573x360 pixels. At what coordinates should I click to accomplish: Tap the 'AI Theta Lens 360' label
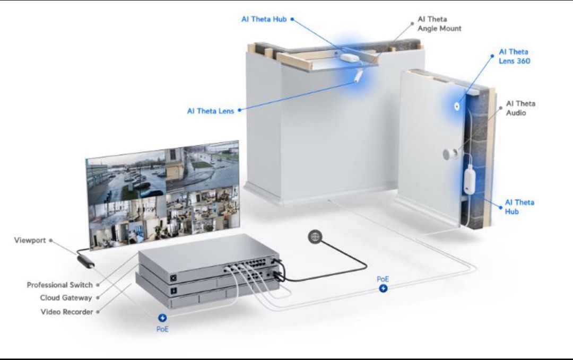[x=514, y=56]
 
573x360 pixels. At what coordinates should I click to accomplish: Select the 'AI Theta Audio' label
[x=520, y=108]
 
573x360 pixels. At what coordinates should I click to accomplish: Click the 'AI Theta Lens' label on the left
[x=210, y=111]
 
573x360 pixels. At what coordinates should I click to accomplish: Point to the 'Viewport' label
[x=30, y=241]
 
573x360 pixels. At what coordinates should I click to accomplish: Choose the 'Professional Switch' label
[x=59, y=285]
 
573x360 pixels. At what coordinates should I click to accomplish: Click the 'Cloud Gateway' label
[x=66, y=298]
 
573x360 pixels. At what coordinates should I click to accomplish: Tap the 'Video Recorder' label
[x=66, y=312]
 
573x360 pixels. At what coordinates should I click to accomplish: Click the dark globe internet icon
[x=315, y=237]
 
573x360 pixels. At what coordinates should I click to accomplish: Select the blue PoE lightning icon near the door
[x=383, y=288]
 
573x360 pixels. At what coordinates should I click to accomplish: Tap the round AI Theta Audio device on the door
[x=450, y=154]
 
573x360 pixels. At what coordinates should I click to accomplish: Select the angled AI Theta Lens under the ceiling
[x=359, y=76]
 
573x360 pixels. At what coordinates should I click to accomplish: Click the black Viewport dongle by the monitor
[x=86, y=261]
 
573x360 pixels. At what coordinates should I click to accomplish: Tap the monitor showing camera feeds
[x=162, y=195]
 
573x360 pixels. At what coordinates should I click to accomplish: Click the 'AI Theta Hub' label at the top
[x=264, y=20]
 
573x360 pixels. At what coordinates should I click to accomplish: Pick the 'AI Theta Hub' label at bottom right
[x=519, y=207]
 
